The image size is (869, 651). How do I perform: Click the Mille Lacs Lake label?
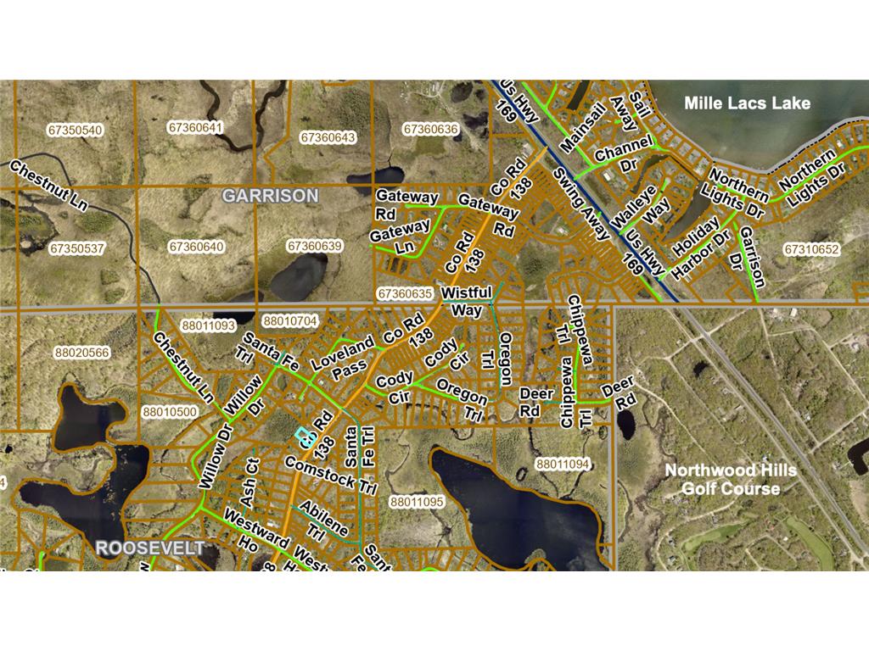(x=748, y=103)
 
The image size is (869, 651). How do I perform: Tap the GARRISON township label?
(x=270, y=196)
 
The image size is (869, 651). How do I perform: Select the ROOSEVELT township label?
(x=150, y=548)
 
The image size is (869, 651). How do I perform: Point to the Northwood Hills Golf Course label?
(x=722, y=479)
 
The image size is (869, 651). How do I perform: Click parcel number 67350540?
(x=76, y=130)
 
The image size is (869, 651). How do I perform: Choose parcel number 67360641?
(x=195, y=128)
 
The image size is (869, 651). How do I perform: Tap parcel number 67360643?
(x=328, y=137)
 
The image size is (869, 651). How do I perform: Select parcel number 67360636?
(x=430, y=130)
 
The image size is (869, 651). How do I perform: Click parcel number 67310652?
(x=811, y=250)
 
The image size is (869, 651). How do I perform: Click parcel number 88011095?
(x=417, y=502)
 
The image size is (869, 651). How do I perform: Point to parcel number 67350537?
(x=76, y=249)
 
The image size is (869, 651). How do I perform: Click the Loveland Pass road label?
(x=343, y=358)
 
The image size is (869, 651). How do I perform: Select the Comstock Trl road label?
(x=330, y=476)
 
